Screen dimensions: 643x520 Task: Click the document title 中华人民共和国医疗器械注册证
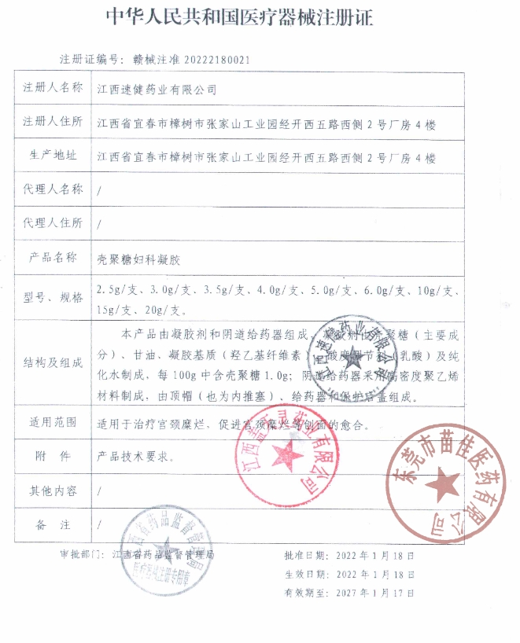(260, 17)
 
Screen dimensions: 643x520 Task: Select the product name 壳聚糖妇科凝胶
(138, 258)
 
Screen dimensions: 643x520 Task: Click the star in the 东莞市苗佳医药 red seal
(447, 483)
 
